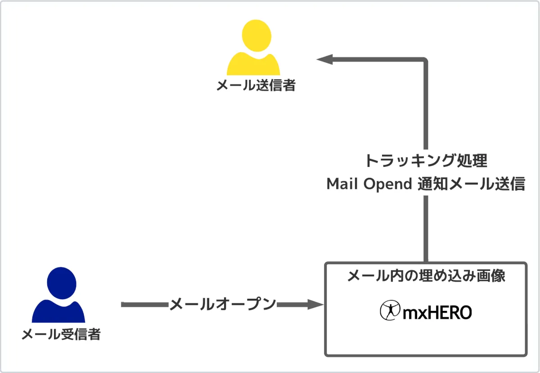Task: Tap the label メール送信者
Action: point(256,85)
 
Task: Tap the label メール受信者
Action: point(61,334)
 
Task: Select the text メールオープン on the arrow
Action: point(222,305)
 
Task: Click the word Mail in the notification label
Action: point(341,184)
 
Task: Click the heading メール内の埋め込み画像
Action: point(426,276)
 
